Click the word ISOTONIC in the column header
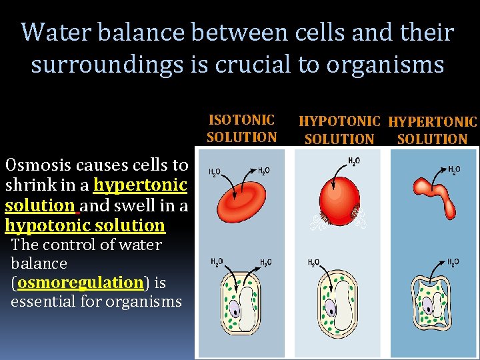pyautogui.click(x=241, y=120)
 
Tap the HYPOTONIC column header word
pyautogui.click(x=339, y=122)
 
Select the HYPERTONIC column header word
pyautogui.click(x=433, y=122)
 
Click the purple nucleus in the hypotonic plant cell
pyautogui.click(x=331, y=308)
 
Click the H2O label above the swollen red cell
pyautogui.click(x=355, y=161)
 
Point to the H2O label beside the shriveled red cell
pyautogui.click(x=454, y=170)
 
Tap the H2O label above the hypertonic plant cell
pyautogui.click(x=453, y=262)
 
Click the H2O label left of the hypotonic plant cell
pyautogui.click(x=313, y=263)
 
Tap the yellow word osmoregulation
pyautogui.click(x=81, y=282)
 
